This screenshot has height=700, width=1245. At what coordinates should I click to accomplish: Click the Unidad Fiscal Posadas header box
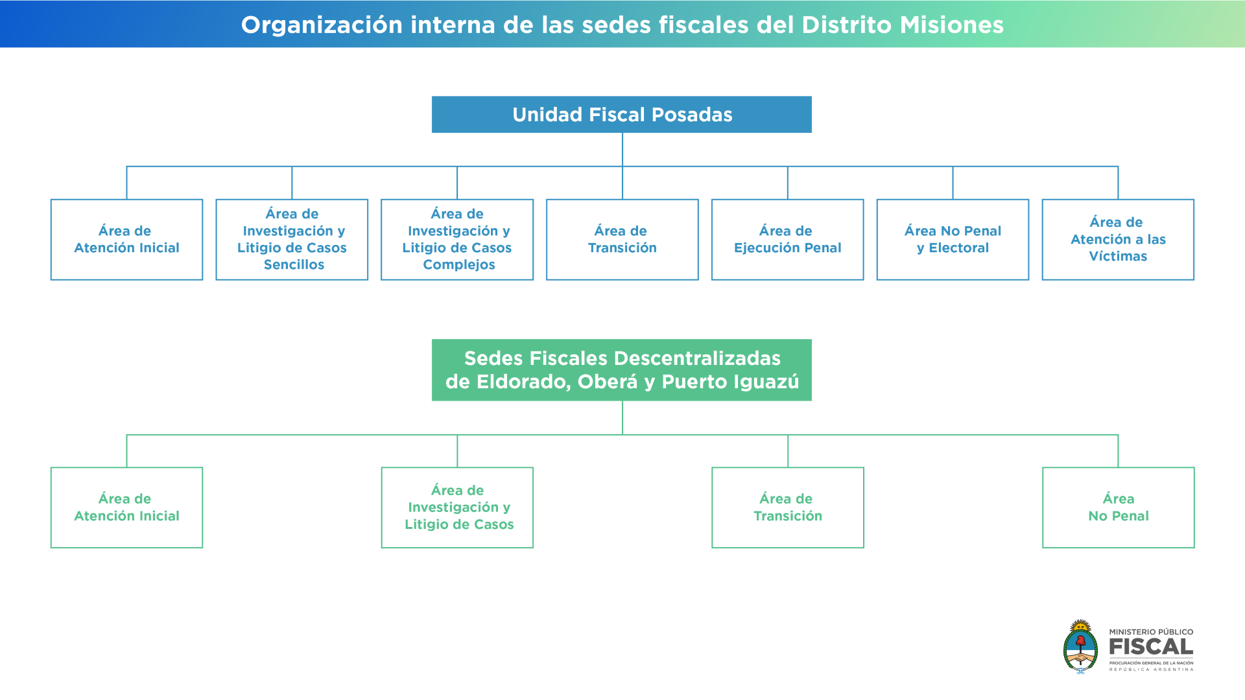[621, 115]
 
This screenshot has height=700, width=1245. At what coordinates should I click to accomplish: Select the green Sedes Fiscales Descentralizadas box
[621, 370]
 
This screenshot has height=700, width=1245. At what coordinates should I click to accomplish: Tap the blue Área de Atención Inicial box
[126, 240]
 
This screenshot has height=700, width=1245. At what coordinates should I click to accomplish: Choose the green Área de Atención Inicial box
[126, 507]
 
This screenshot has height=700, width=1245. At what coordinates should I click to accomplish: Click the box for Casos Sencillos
[292, 240]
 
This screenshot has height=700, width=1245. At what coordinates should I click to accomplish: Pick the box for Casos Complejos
[457, 240]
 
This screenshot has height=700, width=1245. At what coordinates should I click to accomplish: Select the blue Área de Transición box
[622, 240]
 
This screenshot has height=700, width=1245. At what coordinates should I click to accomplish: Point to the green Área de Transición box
[788, 507]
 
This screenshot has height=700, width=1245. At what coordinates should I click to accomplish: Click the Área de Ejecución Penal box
[788, 240]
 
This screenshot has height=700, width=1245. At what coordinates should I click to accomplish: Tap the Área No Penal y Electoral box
[953, 240]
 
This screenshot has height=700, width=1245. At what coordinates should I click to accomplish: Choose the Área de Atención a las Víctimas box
[1118, 240]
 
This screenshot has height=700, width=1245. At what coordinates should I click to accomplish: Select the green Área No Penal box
[1119, 507]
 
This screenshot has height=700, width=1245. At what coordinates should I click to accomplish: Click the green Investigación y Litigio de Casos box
[457, 507]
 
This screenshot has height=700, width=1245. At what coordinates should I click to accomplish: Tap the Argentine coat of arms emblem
[1080, 647]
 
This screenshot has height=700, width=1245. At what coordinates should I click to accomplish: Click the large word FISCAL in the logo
[1151, 647]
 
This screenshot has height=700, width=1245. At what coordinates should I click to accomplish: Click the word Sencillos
[294, 264]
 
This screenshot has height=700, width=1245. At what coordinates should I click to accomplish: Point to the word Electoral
[959, 248]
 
